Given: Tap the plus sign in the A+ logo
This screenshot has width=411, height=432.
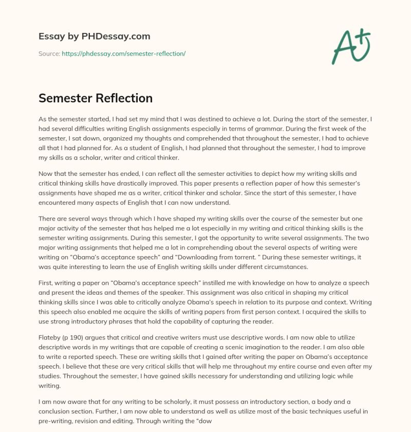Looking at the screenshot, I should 364,35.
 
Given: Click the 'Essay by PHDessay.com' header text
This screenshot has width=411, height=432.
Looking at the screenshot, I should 95,37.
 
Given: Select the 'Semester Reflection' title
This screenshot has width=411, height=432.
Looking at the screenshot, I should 96,98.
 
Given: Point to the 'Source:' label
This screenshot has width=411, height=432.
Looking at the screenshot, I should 49,53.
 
